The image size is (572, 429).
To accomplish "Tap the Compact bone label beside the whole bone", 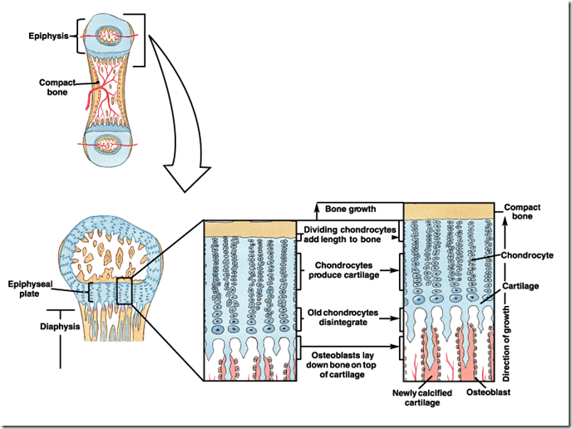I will pos(57,86).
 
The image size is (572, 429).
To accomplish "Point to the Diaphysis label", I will pos(60,327).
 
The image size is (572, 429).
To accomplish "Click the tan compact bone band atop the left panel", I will pos(249,229).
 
